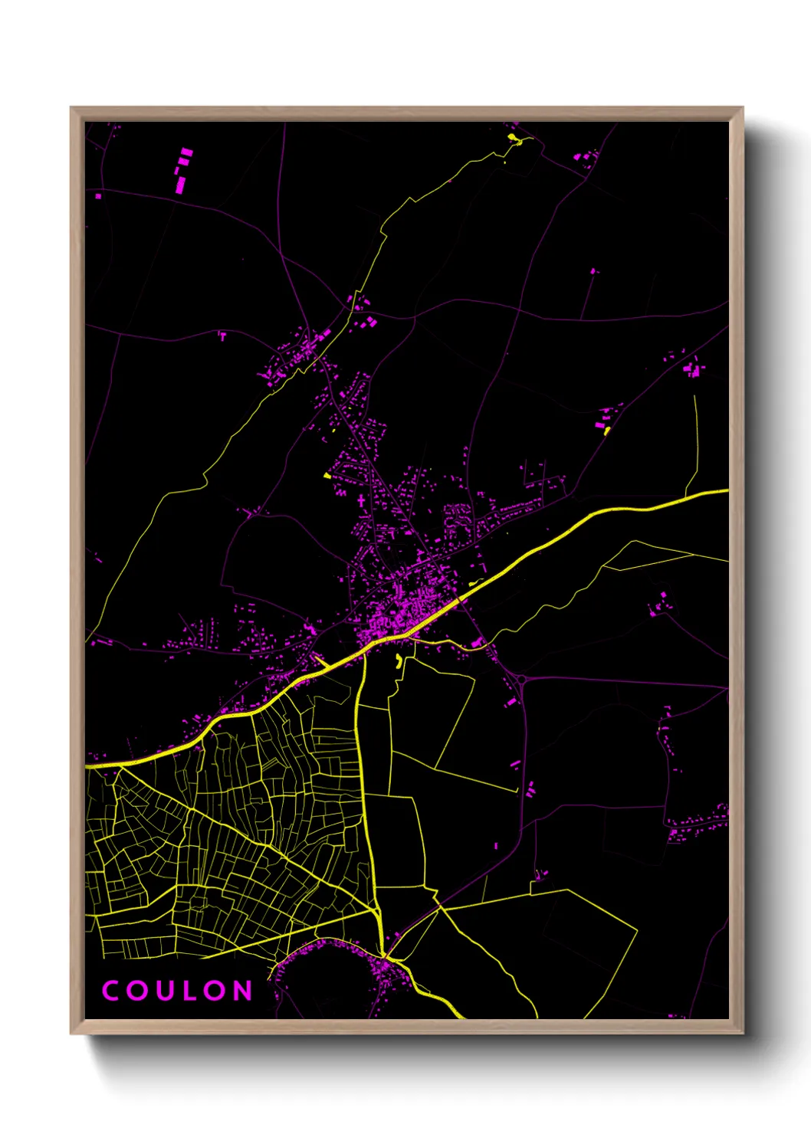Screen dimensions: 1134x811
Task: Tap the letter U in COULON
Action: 163,991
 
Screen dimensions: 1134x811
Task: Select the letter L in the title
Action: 188,991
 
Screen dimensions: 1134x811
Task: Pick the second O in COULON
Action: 214,991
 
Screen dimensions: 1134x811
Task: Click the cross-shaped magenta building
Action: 361,501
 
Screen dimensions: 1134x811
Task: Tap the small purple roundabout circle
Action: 523,678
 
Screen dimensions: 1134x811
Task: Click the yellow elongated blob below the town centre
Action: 398,660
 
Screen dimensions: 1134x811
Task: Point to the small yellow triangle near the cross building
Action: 327,476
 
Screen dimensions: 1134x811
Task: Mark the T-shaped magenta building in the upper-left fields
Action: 223,335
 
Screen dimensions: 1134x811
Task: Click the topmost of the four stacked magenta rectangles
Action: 186,152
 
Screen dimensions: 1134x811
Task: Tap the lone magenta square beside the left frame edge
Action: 98,196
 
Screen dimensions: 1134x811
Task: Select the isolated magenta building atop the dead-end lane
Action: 593,270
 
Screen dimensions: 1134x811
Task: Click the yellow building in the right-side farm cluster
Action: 606,431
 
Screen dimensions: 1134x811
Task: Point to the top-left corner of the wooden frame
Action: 71,108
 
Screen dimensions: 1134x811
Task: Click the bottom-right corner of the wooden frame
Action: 743,1034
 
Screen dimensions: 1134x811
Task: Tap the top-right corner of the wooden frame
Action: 743,108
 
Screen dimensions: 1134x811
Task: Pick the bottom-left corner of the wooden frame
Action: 71,1034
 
